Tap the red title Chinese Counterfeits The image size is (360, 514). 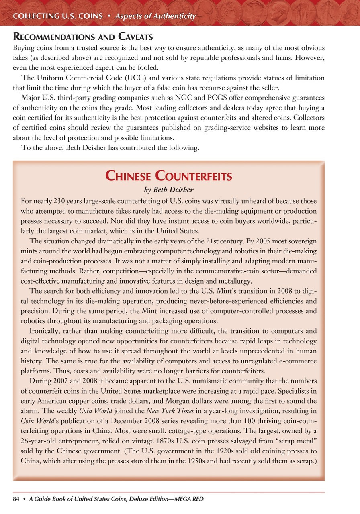pyautogui.click(x=168, y=176)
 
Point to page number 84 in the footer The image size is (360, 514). pyautogui.click(x=16, y=499)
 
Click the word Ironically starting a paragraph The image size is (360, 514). pyautogui.click(x=46, y=331)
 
